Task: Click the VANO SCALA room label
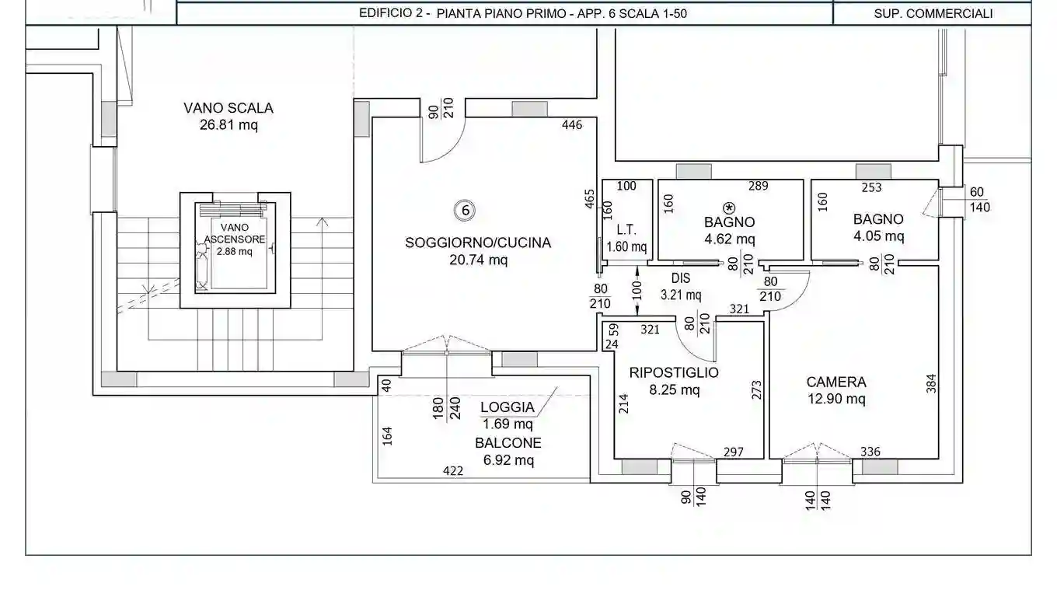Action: coord(228,108)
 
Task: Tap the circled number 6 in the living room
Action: coord(464,210)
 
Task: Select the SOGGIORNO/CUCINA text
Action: coord(477,243)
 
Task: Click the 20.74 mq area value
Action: coord(477,260)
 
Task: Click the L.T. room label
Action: coord(626,230)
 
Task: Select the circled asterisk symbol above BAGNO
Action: coord(729,208)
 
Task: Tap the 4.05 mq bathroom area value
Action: coord(877,236)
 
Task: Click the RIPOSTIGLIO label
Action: coord(674,372)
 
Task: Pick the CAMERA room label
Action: coord(835,382)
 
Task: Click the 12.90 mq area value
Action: coord(835,400)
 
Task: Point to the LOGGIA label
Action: coord(507,407)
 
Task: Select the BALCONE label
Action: coord(508,443)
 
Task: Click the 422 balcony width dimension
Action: coord(452,470)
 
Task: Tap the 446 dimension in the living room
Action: coord(571,125)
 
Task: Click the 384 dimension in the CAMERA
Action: coord(931,384)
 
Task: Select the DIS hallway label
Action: coord(680,278)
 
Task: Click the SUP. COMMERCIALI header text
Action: coord(933,13)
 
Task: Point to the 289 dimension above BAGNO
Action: coord(758,186)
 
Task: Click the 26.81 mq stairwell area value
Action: coord(228,125)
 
